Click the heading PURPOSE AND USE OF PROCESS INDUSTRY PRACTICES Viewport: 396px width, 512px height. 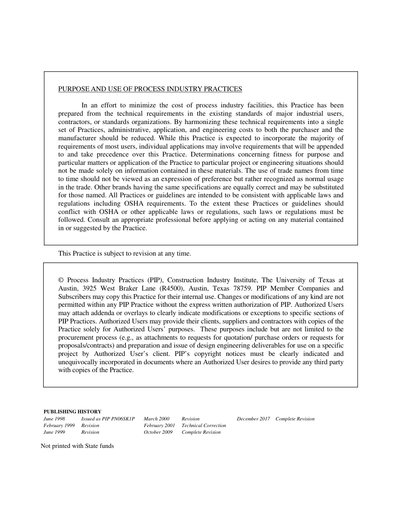(150, 89)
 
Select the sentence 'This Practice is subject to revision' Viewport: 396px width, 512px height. (124, 253)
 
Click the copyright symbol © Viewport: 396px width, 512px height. (61, 280)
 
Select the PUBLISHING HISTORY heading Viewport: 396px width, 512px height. (72, 411)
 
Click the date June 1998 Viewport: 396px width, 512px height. (54, 419)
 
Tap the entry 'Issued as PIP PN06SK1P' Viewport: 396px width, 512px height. (108, 419)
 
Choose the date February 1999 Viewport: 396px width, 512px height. (59, 425)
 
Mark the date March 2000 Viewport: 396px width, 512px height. (156, 419)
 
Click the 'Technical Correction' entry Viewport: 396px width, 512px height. (203, 425)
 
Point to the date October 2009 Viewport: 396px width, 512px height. (158, 432)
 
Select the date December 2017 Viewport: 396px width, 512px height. (253, 419)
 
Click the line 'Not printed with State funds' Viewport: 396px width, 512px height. (77, 446)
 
